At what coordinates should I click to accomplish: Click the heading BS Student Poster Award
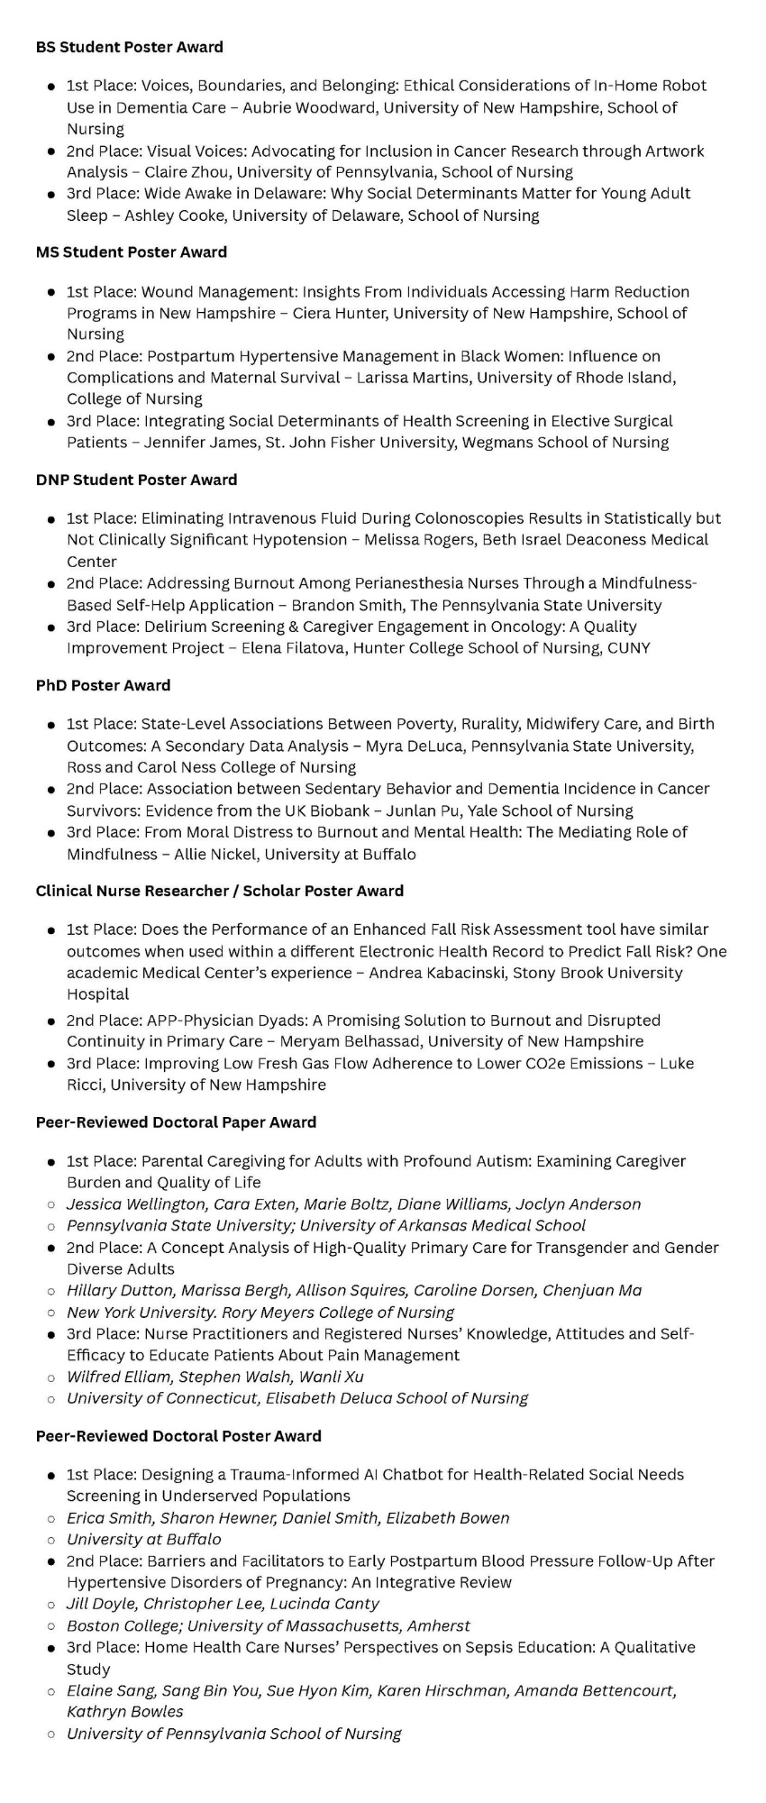coord(129,47)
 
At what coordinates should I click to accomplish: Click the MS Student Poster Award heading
coord(131,252)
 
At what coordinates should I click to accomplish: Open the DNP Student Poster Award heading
coord(136,480)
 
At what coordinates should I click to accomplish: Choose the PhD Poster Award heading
coord(103,685)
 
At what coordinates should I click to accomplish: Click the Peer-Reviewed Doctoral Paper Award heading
coord(176,1122)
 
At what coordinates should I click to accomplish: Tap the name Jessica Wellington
coord(136,1204)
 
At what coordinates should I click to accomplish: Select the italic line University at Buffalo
coord(144,1539)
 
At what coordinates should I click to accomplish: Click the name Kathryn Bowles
coord(124,1711)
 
